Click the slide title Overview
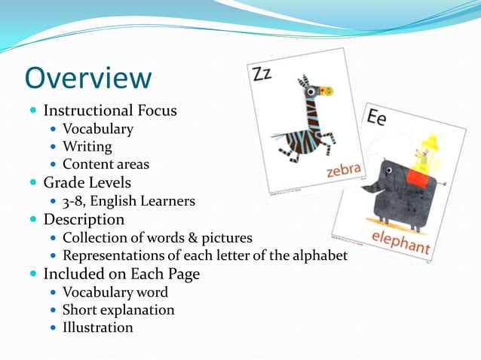coord(88,78)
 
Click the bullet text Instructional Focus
coord(110,110)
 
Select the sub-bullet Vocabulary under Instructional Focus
coord(98,129)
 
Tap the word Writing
coord(87,146)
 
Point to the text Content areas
coord(106,164)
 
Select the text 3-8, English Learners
coord(129,201)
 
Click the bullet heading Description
coord(84,219)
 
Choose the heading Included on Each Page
coord(121,273)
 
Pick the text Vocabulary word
coord(115,292)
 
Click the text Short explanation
coord(118,310)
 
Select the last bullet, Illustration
coord(98,328)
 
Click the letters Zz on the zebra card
coord(262,73)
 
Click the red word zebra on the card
coord(344,170)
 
